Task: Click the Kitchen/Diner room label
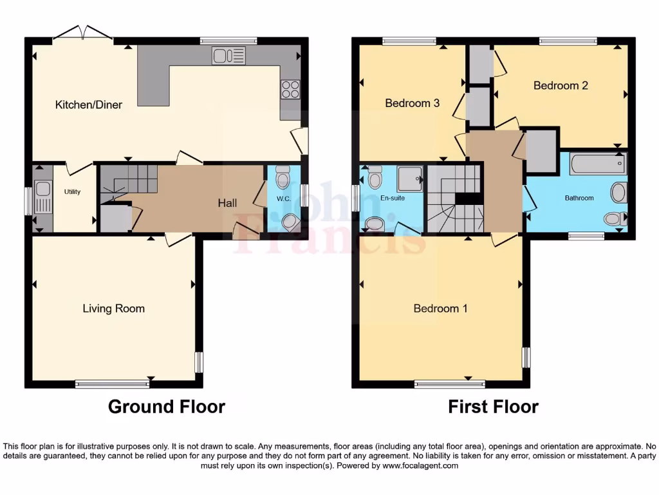(x=89, y=104)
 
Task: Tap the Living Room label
(x=113, y=309)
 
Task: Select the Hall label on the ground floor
(x=227, y=203)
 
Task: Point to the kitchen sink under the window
(x=229, y=56)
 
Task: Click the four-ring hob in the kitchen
(x=290, y=89)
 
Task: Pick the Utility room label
(x=72, y=191)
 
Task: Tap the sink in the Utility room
(x=43, y=189)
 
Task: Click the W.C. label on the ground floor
(x=284, y=199)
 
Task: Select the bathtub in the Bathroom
(x=598, y=164)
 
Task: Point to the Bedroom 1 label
(x=440, y=309)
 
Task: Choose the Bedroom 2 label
(x=561, y=85)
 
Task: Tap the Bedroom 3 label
(x=413, y=103)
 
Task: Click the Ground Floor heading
(x=166, y=407)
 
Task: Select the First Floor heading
(x=493, y=407)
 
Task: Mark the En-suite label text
(x=393, y=198)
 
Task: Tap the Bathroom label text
(x=579, y=198)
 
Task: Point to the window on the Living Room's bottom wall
(x=113, y=384)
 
